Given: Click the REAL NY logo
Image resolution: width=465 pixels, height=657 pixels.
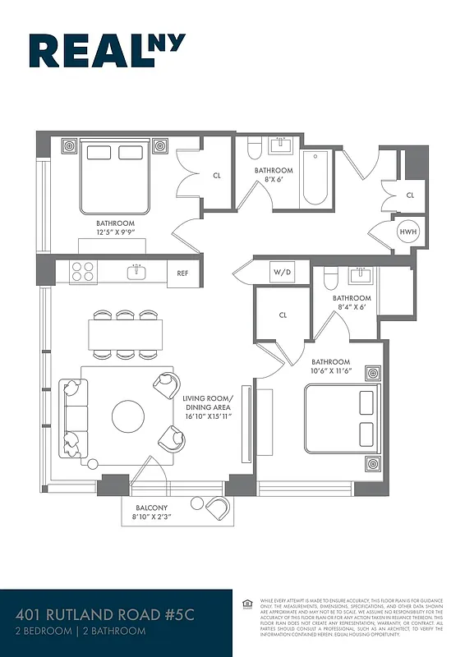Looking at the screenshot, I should pos(107,51).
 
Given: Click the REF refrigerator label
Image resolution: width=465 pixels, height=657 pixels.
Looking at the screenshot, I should pos(183,273).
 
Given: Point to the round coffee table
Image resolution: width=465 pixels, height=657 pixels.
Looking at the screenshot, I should pos(127,416).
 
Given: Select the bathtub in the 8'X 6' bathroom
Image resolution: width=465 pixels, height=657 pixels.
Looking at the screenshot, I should pos(315,178).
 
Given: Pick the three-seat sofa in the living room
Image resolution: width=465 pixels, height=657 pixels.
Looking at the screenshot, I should pos(72,418).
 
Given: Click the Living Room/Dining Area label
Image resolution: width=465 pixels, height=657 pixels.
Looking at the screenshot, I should pos(207,407).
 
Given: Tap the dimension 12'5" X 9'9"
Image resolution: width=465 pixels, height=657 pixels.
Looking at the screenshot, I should pos(114,233).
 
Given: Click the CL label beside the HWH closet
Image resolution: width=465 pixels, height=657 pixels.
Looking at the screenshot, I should pos(410,195).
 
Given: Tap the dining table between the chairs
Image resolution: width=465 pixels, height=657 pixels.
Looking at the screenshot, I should pos(125,333).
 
